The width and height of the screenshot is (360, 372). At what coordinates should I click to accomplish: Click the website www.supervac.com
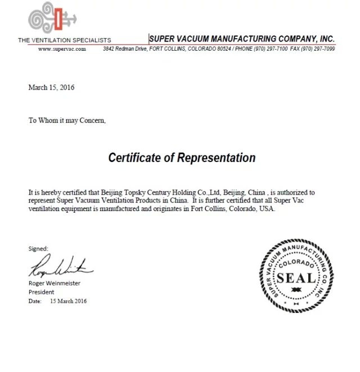pyautogui.click(x=62, y=49)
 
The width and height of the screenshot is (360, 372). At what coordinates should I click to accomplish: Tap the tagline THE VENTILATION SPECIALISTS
pyautogui.click(x=65, y=40)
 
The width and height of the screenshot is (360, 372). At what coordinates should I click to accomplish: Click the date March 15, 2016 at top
pyautogui.click(x=51, y=87)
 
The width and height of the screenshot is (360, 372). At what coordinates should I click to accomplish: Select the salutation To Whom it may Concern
pyautogui.click(x=67, y=120)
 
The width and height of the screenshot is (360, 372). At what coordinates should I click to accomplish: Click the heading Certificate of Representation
pyautogui.click(x=182, y=158)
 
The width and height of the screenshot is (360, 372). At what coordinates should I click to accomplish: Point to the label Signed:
pyautogui.click(x=38, y=248)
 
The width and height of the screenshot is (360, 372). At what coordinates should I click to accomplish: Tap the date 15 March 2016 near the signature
pyautogui.click(x=68, y=301)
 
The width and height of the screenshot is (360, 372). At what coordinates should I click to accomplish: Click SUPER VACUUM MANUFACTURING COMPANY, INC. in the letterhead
pyautogui.click(x=242, y=39)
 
